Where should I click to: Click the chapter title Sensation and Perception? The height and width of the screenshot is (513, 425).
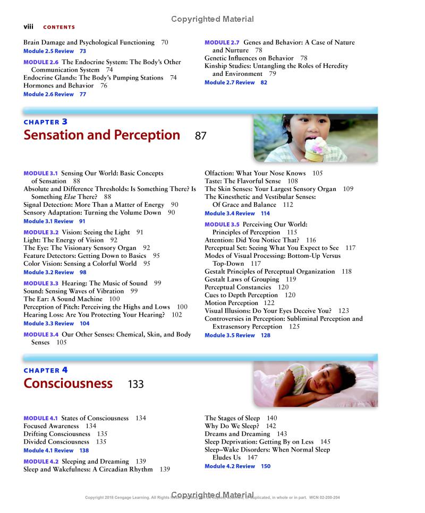(x=101, y=135)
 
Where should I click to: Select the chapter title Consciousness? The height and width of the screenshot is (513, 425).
(x=68, y=384)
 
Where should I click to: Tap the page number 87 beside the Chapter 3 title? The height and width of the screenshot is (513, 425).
(x=200, y=136)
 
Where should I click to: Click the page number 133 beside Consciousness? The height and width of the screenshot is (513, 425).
(x=135, y=384)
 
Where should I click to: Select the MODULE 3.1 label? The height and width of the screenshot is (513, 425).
(x=40, y=173)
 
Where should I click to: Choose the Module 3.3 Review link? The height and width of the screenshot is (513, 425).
(x=48, y=324)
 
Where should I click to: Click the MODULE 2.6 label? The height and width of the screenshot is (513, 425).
(x=41, y=62)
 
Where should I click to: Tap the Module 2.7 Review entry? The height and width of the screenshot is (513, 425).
(x=229, y=83)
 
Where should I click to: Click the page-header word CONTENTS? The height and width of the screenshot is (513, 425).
(x=59, y=27)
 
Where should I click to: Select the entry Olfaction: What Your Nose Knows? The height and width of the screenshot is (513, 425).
(x=255, y=173)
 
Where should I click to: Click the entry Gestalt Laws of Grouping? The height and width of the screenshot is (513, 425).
(x=242, y=279)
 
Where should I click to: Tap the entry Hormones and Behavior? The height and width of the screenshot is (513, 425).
(x=58, y=85)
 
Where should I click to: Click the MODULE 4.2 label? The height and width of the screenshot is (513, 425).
(x=40, y=462)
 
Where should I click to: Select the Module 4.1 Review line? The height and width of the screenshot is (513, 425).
(x=48, y=450)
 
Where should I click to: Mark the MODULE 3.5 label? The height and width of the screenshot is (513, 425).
(x=222, y=224)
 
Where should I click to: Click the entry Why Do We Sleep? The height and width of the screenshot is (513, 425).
(x=232, y=426)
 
